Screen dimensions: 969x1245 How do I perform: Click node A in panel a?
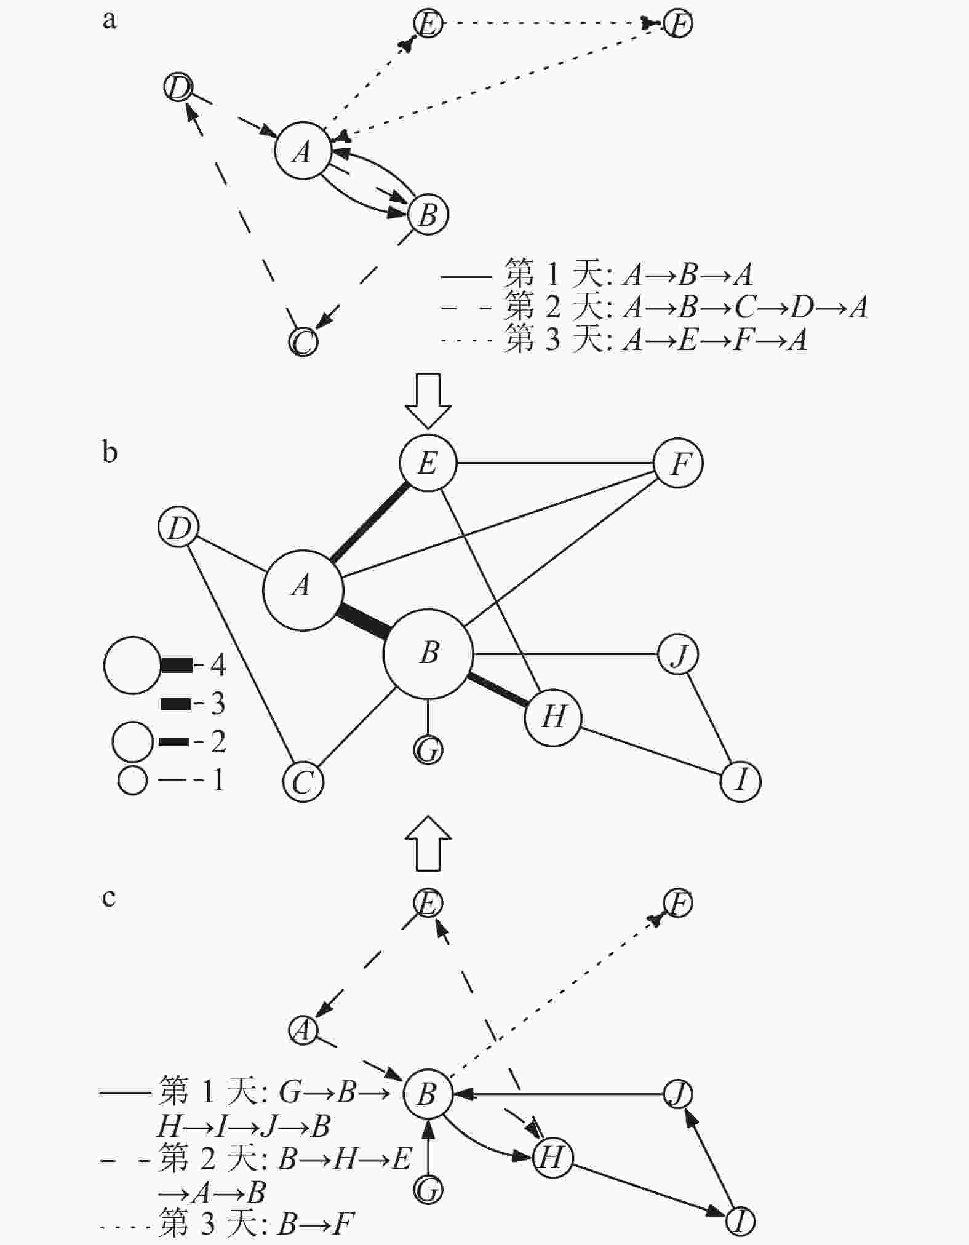[x=302, y=152]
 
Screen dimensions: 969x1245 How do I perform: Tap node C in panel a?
[x=303, y=342]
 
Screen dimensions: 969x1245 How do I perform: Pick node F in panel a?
[x=679, y=24]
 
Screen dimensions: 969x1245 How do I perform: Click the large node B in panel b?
[x=428, y=654]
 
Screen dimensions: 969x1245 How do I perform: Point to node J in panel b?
[x=678, y=654]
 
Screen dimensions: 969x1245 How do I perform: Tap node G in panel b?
[x=428, y=750]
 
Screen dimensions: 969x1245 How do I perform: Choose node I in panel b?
[x=741, y=781]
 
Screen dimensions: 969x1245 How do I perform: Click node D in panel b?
[x=178, y=528]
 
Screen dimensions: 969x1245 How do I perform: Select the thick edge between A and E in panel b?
[x=369, y=522]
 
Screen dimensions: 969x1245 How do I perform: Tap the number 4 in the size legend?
[x=218, y=664]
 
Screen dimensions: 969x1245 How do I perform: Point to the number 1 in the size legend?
[x=218, y=780]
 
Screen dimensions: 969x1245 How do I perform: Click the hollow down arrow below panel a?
[x=428, y=400]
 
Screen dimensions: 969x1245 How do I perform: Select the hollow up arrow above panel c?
[x=428, y=843]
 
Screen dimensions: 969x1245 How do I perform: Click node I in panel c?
[x=741, y=1221]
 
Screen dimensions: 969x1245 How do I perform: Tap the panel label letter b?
[x=110, y=452]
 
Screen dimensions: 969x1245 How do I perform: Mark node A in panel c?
[x=303, y=1030]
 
